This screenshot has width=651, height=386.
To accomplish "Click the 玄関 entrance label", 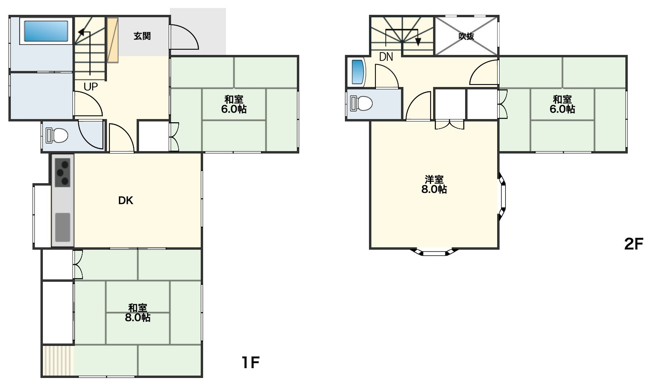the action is pos(142,36).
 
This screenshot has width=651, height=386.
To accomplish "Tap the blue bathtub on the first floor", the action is pos(46,31).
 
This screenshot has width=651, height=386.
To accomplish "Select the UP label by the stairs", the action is pos(91,87).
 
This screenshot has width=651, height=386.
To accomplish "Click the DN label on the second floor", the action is pos(386,57).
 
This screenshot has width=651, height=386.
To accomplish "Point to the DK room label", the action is pos(125,200).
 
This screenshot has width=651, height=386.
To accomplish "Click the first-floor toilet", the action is pos(56,135).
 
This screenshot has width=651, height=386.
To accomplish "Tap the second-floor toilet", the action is pos(361,103).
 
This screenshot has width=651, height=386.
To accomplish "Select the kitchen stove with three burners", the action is pos(62,173).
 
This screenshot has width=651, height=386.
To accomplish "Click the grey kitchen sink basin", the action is pos(62,227).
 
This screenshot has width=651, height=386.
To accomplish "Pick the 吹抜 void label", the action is pos(466,36).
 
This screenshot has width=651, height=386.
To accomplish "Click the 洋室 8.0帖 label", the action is pos(434,184).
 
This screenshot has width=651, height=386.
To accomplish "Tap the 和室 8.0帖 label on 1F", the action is pos(137,313).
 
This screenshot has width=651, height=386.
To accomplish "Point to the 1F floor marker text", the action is pos(250,362).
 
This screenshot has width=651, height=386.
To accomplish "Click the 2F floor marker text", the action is pos(633,244).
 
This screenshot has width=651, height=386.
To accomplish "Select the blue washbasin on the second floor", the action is pos(358,72).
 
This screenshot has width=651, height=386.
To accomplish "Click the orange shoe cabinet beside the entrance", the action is pos(113,40).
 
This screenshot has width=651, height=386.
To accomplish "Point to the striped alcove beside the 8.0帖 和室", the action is pos(58,360).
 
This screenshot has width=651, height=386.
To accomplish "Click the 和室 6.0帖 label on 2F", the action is pos(562,104).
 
